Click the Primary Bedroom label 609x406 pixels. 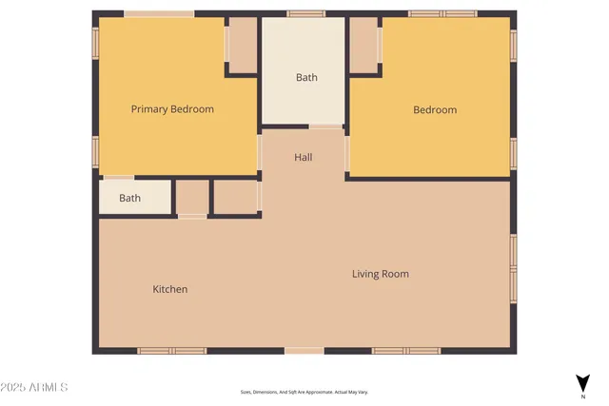(x=172, y=109)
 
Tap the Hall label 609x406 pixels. (x=303, y=158)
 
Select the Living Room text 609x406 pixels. (x=380, y=275)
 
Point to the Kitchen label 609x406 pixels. (x=170, y=289)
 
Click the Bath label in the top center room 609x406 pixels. (x=306, y=78)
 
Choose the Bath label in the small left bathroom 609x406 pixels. (x=130, y=199)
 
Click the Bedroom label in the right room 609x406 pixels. (x=434, y=109)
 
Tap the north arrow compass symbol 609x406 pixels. (x=582, y=382)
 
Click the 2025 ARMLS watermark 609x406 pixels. (x=35, y=388)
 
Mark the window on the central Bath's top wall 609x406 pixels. (x=306, y=14)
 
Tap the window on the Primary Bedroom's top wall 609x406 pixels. (x=159, y=14)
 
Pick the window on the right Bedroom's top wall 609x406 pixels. (x=442, y=14)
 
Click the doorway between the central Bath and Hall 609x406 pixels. (x=325, y=126)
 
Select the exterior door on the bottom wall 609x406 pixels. (x=304, y=351)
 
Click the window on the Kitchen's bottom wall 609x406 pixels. (x=171, y=351)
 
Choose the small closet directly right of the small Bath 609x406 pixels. (x=192, y=198)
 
